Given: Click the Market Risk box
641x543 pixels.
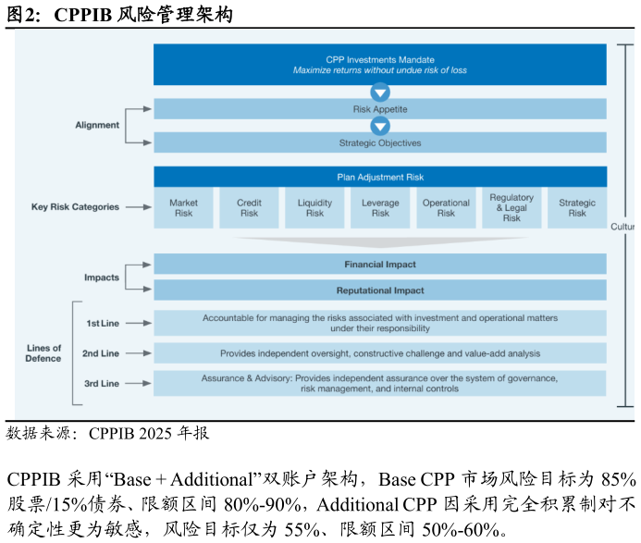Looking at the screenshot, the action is (183, 208).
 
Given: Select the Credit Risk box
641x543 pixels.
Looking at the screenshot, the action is (249, 208).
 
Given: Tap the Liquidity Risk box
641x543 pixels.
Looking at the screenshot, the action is (314, 208).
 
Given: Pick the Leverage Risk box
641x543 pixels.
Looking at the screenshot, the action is (380, 208).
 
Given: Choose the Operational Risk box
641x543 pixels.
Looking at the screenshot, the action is (446, 208).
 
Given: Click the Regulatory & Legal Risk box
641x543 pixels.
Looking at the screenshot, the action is (512, 208).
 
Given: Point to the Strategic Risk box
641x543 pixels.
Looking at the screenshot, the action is (577, 208).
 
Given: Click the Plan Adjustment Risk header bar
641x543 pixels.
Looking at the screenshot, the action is (380, 177).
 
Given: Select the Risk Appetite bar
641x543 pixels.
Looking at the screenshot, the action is (380, 109).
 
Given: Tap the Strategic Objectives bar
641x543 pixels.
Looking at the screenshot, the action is (380, 142).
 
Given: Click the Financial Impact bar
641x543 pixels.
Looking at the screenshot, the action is (380, 265).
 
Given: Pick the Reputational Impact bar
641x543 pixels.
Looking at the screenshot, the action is (380, 290).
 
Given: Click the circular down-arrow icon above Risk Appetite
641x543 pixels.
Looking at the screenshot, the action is (380, 93).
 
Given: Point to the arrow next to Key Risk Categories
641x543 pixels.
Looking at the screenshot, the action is (139, 207).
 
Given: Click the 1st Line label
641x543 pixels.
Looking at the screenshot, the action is (103, 324).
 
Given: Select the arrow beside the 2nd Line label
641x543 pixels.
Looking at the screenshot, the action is (139, 353).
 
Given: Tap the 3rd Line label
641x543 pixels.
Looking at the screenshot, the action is (102, 384).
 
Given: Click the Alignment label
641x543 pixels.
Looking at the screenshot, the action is (97, 125).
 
